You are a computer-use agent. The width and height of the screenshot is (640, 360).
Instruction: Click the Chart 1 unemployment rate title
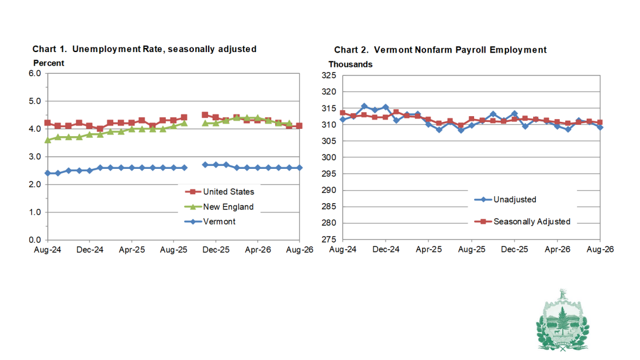145,49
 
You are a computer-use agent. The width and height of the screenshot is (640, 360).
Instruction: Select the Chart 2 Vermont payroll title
440,50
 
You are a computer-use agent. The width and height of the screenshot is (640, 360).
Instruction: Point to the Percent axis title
49,64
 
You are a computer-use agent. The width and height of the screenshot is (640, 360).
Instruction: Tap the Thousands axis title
350,65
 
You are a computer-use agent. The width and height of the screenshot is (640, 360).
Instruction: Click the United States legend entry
220,192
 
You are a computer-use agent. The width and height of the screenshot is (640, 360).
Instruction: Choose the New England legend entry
219,207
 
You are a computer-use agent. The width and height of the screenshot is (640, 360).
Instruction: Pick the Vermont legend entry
210,221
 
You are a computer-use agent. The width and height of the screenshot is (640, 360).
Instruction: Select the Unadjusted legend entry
505,199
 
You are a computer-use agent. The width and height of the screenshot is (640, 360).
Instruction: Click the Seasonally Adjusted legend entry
522,221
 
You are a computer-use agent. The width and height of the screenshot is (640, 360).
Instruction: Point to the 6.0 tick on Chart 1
35,74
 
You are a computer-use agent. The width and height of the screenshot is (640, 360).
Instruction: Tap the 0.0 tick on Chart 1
35,240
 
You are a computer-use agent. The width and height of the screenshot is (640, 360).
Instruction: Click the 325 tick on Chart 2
329,76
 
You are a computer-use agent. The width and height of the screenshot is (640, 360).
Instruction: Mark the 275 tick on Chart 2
329,239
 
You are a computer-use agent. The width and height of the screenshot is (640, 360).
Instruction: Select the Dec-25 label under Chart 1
216,250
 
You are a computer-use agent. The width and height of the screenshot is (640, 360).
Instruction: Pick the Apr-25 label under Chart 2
428,250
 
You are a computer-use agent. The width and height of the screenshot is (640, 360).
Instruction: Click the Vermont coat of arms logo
563,321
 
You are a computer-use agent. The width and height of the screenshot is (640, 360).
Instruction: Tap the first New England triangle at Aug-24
47,140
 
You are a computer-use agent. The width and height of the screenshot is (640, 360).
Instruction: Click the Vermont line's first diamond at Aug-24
47,173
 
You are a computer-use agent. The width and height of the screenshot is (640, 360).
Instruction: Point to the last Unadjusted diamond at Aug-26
600,127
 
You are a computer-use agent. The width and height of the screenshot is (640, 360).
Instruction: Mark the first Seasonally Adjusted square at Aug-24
343,113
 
